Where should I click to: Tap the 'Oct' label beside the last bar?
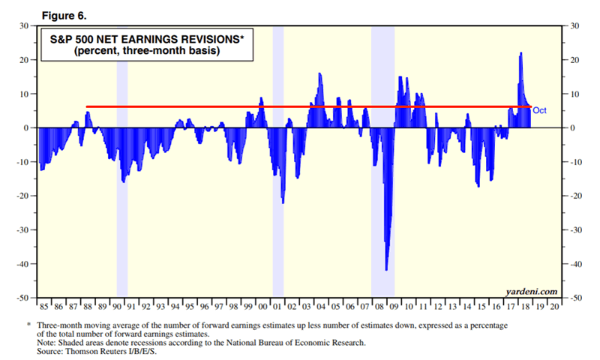point(540,111)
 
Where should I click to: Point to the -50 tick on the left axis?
point(22,298)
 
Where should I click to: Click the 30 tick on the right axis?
point(576,25)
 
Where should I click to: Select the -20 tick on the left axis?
point(22,196)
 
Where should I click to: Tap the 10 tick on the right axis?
point(576,94)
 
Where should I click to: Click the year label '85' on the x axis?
point(43,307)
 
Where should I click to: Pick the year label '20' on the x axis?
point(554,307)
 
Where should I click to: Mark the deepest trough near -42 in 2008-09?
point(386,269)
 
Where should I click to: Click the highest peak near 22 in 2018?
point(521,53)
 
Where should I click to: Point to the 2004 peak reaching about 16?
point(320,73)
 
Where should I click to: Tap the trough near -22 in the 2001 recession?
point(283,202)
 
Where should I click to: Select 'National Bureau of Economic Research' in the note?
point(292,342)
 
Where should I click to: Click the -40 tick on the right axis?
point(576,264)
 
